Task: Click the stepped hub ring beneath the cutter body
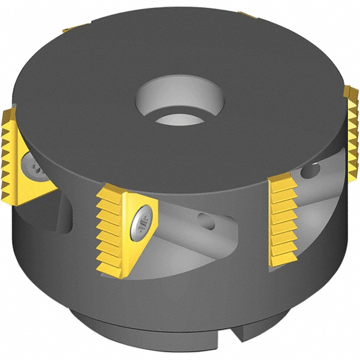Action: pos(180,333)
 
